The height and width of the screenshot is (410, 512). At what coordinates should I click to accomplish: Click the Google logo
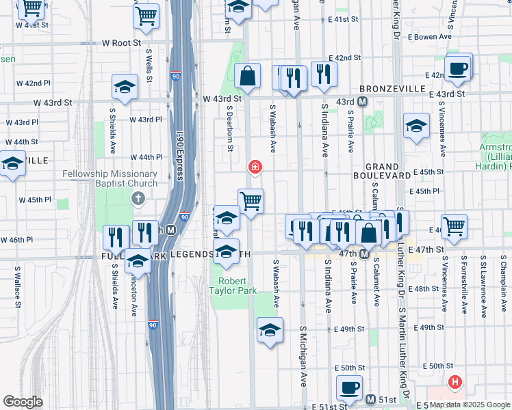pos(23,402)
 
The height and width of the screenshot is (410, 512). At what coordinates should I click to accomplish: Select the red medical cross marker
pos(255,166)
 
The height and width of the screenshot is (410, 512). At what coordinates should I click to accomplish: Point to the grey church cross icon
pos(138,199)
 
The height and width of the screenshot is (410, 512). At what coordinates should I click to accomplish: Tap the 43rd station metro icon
pos(362,102)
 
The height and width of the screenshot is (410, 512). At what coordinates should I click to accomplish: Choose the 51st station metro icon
pos(371,399)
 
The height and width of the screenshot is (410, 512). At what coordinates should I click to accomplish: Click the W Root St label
pos(121,42)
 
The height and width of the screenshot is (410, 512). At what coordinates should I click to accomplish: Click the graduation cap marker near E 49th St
pos(270,331)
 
